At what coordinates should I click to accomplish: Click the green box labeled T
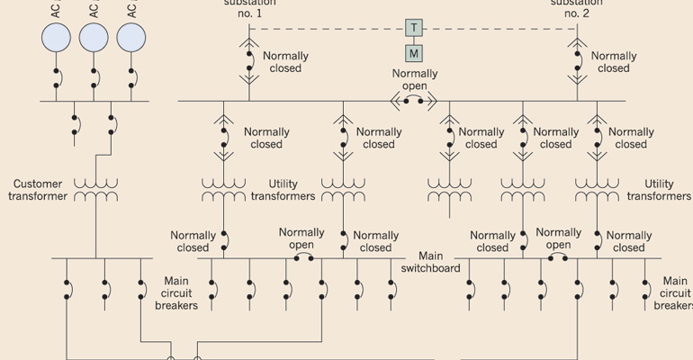[x=413, y=28]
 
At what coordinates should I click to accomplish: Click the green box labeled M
[x=413, y=53]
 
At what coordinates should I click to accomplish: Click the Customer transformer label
[x=39, y=190]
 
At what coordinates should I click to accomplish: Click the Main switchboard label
[x=431, y=262]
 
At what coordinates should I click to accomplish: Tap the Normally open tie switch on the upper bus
[x=413, y=101]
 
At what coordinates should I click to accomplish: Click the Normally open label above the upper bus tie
[x=414, y=79]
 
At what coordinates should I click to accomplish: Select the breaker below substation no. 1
[x=248, y=64]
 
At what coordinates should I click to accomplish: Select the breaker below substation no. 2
[x=577, y=64]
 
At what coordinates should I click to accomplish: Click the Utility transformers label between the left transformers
[x=283, y=190]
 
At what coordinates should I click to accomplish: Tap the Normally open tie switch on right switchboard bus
[x=559, y=258]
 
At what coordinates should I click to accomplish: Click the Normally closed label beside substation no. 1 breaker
[x=285, y=62]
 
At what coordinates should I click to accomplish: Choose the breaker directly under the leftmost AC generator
[x=56, y=78]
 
